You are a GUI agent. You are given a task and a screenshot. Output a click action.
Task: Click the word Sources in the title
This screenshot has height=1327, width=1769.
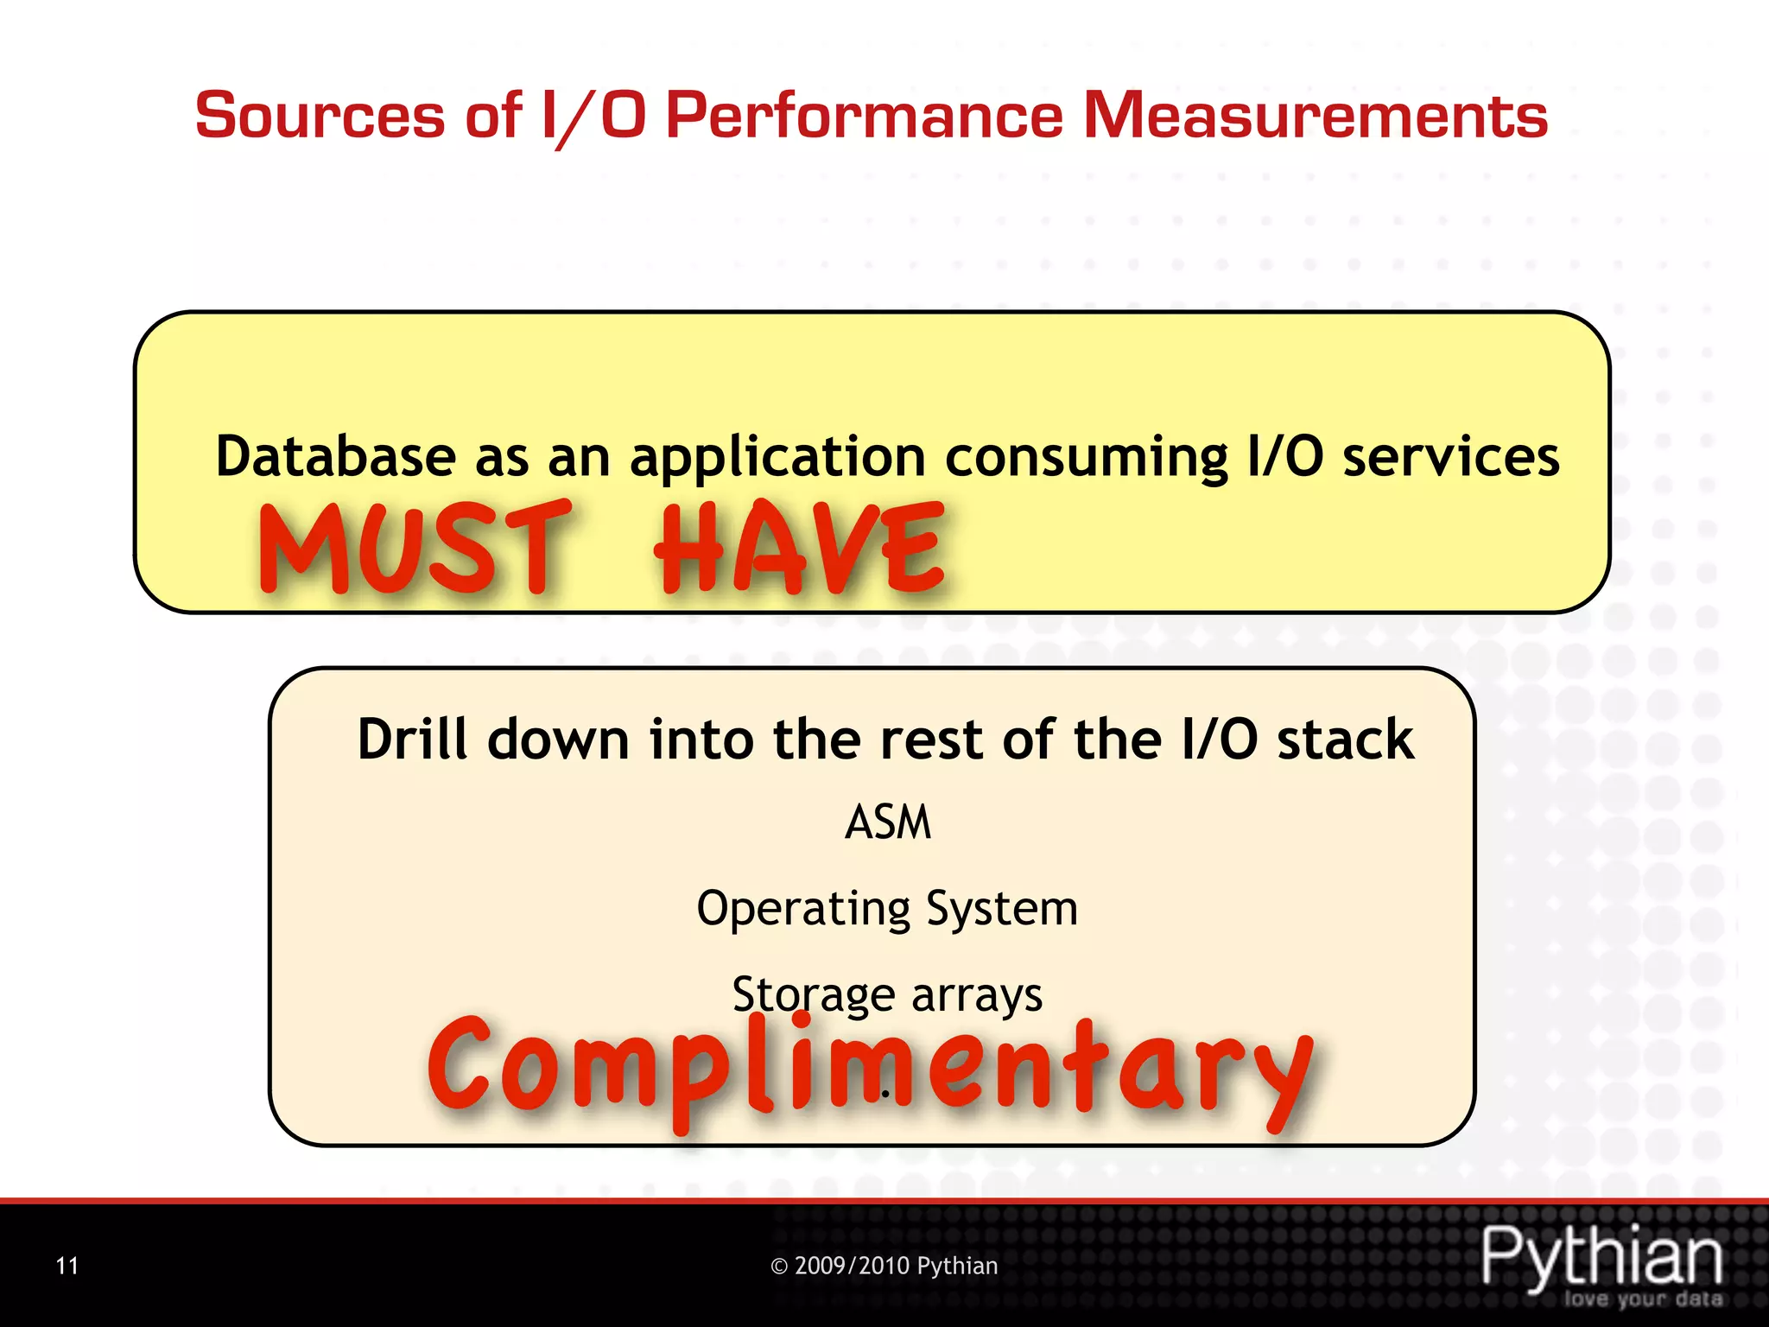click(x=320, y=116)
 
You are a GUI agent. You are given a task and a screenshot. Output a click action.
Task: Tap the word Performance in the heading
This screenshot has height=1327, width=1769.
click(x=864, y=116)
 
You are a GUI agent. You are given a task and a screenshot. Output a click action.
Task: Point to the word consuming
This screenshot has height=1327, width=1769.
click(x=1086, y=458)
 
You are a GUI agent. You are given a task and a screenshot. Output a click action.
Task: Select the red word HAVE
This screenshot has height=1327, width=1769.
click(x=800, y=549)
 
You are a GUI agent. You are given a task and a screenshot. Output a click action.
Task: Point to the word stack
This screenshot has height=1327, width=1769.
click(x=1345, y=740)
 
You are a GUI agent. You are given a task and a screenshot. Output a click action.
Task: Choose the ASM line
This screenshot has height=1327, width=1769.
click(x=887, y=822)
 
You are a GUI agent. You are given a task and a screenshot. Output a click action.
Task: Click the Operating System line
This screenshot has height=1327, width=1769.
click(x=887, y=909)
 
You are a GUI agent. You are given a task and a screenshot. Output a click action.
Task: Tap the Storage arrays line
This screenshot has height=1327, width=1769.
click(x=887, y=994)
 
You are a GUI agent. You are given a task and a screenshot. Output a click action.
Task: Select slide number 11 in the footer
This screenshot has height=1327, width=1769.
click(x=67, y=1266)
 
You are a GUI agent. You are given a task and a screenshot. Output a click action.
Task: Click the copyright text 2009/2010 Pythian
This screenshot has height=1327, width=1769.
click(x=884, y=1266)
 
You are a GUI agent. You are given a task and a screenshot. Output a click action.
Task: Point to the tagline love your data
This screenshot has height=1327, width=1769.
click(x=1643, y=1299)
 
